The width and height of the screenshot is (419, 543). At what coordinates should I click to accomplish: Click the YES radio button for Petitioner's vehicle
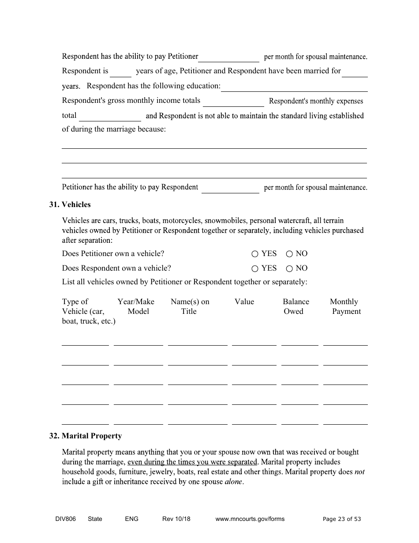pos(254,254)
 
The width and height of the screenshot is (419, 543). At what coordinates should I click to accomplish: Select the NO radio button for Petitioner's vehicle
pos(289,254)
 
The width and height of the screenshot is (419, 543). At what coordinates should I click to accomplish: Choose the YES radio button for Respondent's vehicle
pos(254,268)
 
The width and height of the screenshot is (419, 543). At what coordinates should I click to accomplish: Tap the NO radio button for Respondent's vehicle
pos(289,268)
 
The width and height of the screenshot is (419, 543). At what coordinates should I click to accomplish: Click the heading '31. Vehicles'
pos(70,204)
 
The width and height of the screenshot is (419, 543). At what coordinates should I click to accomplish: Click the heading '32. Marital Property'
pos(85,436)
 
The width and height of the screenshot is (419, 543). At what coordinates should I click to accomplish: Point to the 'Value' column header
pos(244,302)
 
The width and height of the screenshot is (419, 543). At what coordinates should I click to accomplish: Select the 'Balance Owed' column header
pos(296,306)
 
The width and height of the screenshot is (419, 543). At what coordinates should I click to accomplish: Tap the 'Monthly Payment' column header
pos(345,306)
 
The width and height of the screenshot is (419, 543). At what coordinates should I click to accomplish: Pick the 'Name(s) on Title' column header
pos(190,306)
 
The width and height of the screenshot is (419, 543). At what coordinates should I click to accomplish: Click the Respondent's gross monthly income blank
pos(233,102)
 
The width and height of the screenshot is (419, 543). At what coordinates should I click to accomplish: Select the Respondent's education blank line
pos(294,87)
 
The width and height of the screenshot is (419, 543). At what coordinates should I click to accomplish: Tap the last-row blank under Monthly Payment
pos(345,421)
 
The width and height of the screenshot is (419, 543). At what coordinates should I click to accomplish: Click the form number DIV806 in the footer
pos(63,519)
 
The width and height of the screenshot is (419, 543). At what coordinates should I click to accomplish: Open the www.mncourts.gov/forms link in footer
pos(250,519)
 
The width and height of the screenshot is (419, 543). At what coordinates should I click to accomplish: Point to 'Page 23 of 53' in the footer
pos(342,519)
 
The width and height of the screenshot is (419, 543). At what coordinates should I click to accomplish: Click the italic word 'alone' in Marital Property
pos(233,482)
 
